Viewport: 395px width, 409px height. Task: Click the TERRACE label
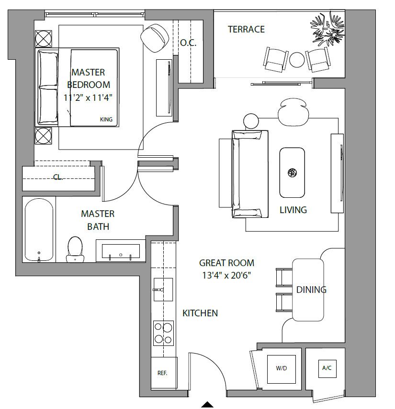pyautogui.click(x=246, y=29)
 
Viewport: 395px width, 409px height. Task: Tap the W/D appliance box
pyautogui.click(x=281, y=369)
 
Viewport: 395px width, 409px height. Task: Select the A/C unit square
pyautogui.click(x=327, y=368)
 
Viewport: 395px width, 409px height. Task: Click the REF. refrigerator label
pyautogui.click(x=162, y=373)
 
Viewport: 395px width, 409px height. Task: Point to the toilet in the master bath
pyautogui.click(x=75, y=249)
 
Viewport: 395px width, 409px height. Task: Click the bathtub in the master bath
pyautogui.click(x=39, y=230)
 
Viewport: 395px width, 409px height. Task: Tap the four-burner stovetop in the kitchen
pyautogui.click(x=163, y=333)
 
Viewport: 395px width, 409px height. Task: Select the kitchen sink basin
pyautogui.click(x=163, y=290)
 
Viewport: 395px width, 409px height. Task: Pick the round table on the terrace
pyautogui.click(x=297, y=60)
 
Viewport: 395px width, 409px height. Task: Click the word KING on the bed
pyautogui.click(x=106, y=119)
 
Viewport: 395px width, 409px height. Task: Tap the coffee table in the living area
pyautogui.click(x=292, y=172)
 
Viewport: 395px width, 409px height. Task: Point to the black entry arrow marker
pyautogui.click(x=208, y=404)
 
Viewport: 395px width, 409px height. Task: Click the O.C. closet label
pyautogui.click(x=188, y=43)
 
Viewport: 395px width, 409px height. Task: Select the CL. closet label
pyautogui.click(x=58, y=177)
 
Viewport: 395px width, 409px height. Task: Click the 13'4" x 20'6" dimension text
pyautogui.click(x=226, y=275)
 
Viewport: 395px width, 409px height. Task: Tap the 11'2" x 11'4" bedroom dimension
pyautogui.click(x=88, y=97)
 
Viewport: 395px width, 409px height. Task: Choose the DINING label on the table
pyautogui.click(x=311, y=290)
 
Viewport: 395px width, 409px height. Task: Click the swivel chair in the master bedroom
pyautogui.click(x=155, y=38)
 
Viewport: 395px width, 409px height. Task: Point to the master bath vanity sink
pyautogui.click(x=121, y=251)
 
